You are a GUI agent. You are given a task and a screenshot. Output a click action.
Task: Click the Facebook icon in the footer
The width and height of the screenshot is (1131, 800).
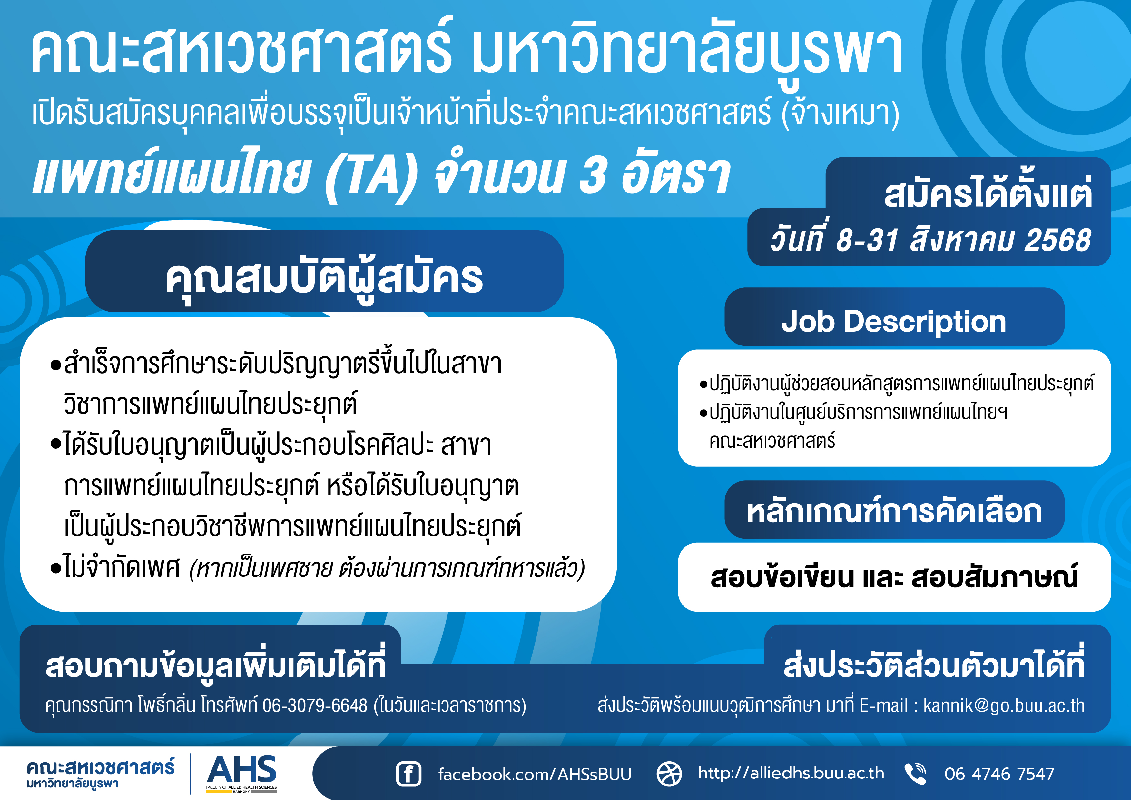pos(408,774)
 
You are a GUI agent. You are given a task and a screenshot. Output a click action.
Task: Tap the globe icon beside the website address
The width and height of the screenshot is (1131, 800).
pos(669,774)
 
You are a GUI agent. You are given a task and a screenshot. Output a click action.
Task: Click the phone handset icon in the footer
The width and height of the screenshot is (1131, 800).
pos(915,773)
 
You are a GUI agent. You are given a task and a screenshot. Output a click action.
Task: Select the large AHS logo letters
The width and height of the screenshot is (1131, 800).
pos(241,769)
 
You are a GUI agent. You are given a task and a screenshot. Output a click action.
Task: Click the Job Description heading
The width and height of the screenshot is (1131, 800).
pos(894,321)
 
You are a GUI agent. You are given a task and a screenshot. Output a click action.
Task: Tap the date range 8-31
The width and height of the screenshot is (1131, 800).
pos(868,241)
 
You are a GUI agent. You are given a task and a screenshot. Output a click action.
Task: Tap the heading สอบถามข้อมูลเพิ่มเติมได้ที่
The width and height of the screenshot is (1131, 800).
pos(215,665)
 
